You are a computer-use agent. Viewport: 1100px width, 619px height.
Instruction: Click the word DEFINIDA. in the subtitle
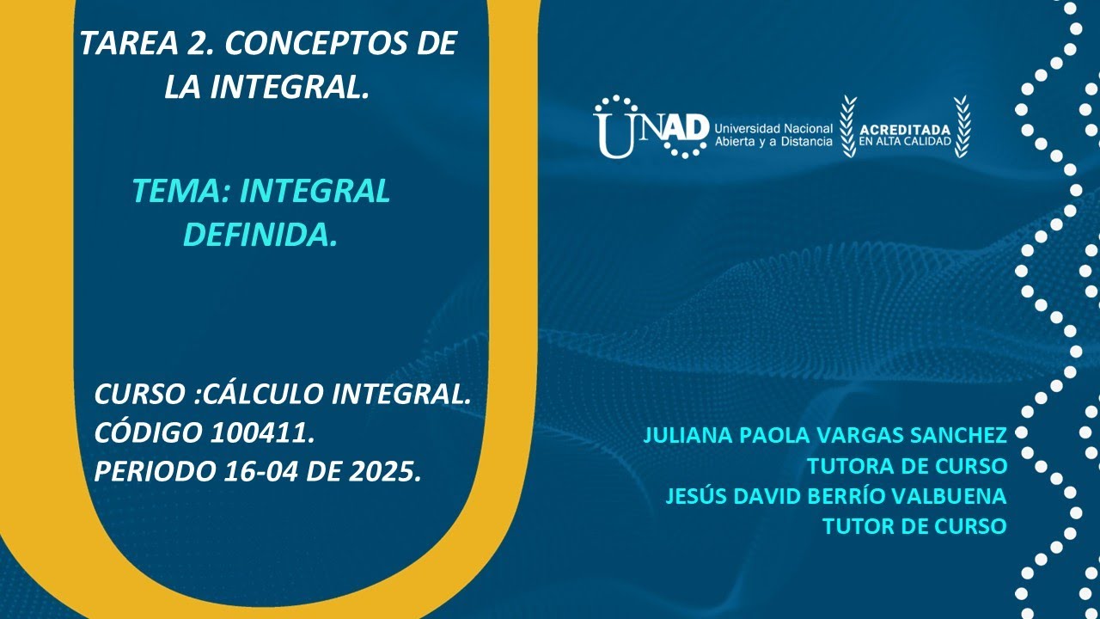[x=260, y=235]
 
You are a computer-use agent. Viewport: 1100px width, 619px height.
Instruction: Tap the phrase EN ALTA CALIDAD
[x=906, y=142]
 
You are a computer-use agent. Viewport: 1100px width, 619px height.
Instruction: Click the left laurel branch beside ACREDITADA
[x=848, y=126]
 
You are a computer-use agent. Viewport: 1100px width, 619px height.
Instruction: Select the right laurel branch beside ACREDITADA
[x=962, y=126]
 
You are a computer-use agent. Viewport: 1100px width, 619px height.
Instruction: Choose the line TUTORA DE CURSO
[x=907, y=466]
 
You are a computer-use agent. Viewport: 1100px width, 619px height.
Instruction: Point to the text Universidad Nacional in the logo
[x=773, y=127]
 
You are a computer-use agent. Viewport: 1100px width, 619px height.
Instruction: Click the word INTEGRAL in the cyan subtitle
[x=315, y=192]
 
